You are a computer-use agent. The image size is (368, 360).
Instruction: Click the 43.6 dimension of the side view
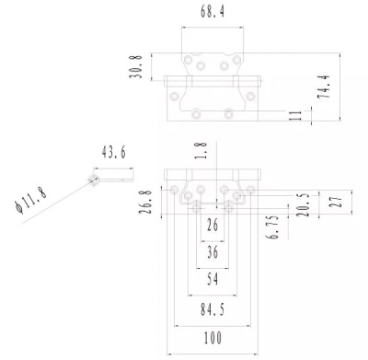point(113,152)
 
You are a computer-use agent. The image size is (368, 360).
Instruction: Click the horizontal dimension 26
point(213,225)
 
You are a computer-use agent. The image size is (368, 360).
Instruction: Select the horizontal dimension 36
point(213,250)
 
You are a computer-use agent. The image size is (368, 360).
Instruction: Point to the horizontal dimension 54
point(213,277)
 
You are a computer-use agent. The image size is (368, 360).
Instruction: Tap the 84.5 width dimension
point(212,308)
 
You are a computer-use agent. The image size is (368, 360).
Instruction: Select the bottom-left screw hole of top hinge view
point(196,114)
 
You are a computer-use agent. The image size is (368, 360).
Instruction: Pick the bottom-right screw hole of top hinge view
point(229,114)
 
